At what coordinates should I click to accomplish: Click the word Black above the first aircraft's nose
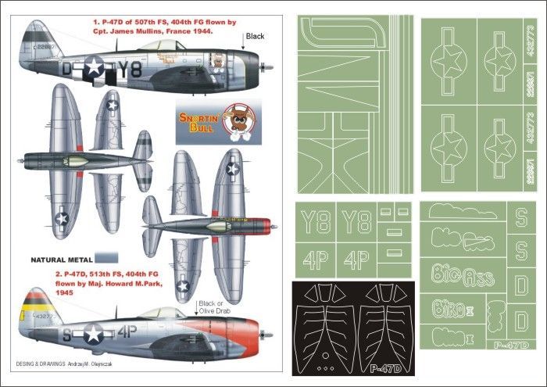(x=255, y=36)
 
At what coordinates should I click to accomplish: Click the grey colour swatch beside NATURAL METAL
(x=105, y=256)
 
